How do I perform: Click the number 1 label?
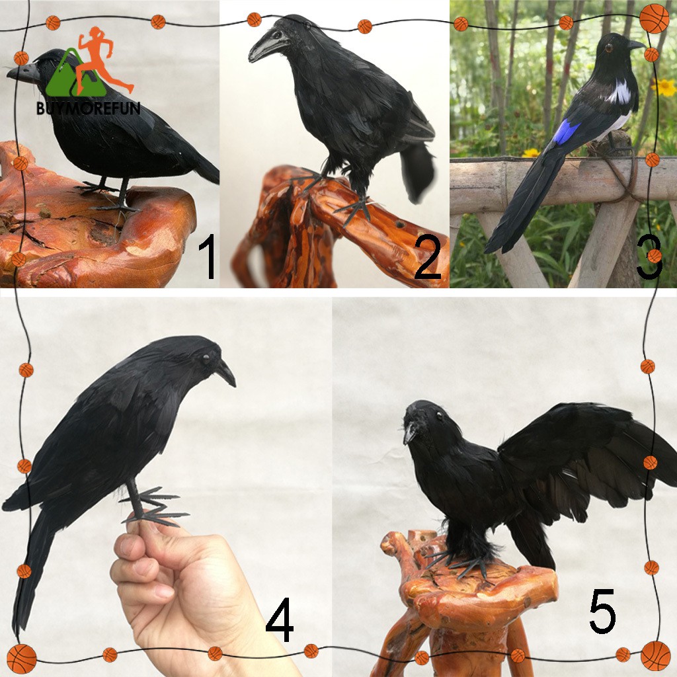point(208,256)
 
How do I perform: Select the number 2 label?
point(428,257)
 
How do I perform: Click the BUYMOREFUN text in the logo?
point(88,108)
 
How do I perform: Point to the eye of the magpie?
point(609,48)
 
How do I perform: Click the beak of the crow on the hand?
point(226,373)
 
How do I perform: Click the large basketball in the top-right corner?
point(654,18)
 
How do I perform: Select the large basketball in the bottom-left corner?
point(21,659)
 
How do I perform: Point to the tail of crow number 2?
point(417,172)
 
